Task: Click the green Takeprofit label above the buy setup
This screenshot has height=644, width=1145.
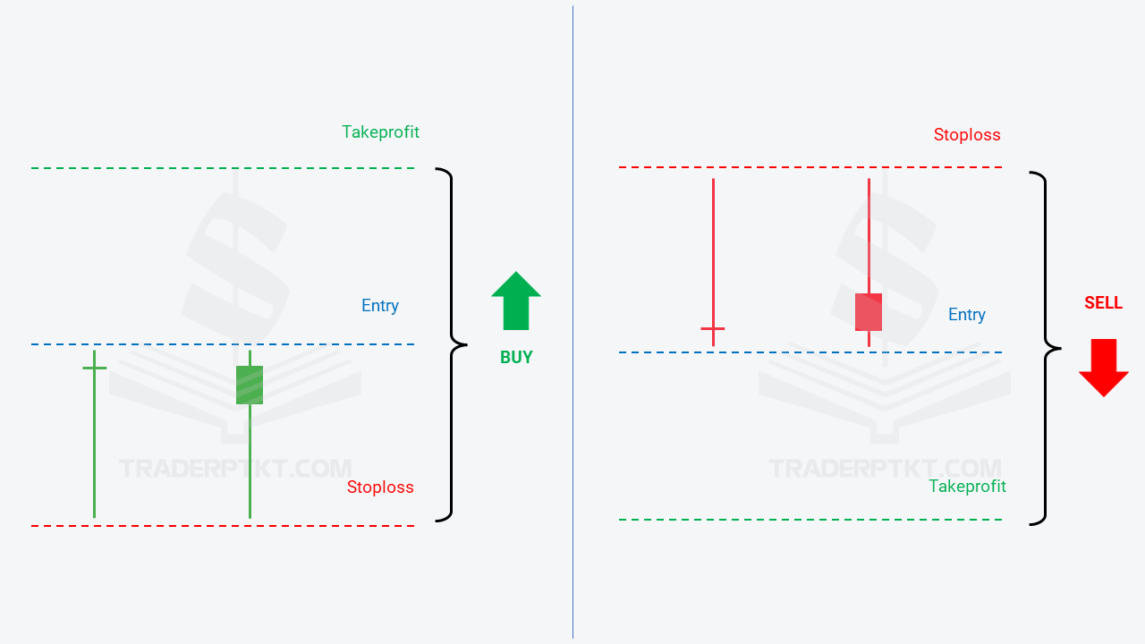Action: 380,132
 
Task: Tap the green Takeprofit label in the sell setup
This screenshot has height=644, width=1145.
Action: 967,486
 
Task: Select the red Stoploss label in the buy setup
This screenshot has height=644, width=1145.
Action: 380,487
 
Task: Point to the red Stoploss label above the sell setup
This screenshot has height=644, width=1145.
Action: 967,135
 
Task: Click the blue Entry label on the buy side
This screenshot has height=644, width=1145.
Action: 380,306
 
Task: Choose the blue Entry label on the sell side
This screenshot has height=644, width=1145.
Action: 967,314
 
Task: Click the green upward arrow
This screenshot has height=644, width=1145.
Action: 516,301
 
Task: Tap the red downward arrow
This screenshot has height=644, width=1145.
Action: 1104,368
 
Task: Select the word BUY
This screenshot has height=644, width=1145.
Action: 516,357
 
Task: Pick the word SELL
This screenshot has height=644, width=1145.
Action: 1104,303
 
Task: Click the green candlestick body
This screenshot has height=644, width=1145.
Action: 250,385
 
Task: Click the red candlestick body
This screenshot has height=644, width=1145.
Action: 869,312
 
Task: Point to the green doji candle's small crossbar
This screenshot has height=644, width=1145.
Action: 95,368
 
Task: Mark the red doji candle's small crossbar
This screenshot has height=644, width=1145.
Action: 713,328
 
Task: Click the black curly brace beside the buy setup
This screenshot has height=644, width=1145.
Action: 452,345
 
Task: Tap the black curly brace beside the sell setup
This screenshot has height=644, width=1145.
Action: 1046,349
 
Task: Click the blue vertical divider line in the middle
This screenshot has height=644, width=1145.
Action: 573,322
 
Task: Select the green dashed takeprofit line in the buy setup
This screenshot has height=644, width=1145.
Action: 223,167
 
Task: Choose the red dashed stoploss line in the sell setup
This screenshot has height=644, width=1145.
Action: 810,167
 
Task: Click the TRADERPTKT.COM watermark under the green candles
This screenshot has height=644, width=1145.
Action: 235,469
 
